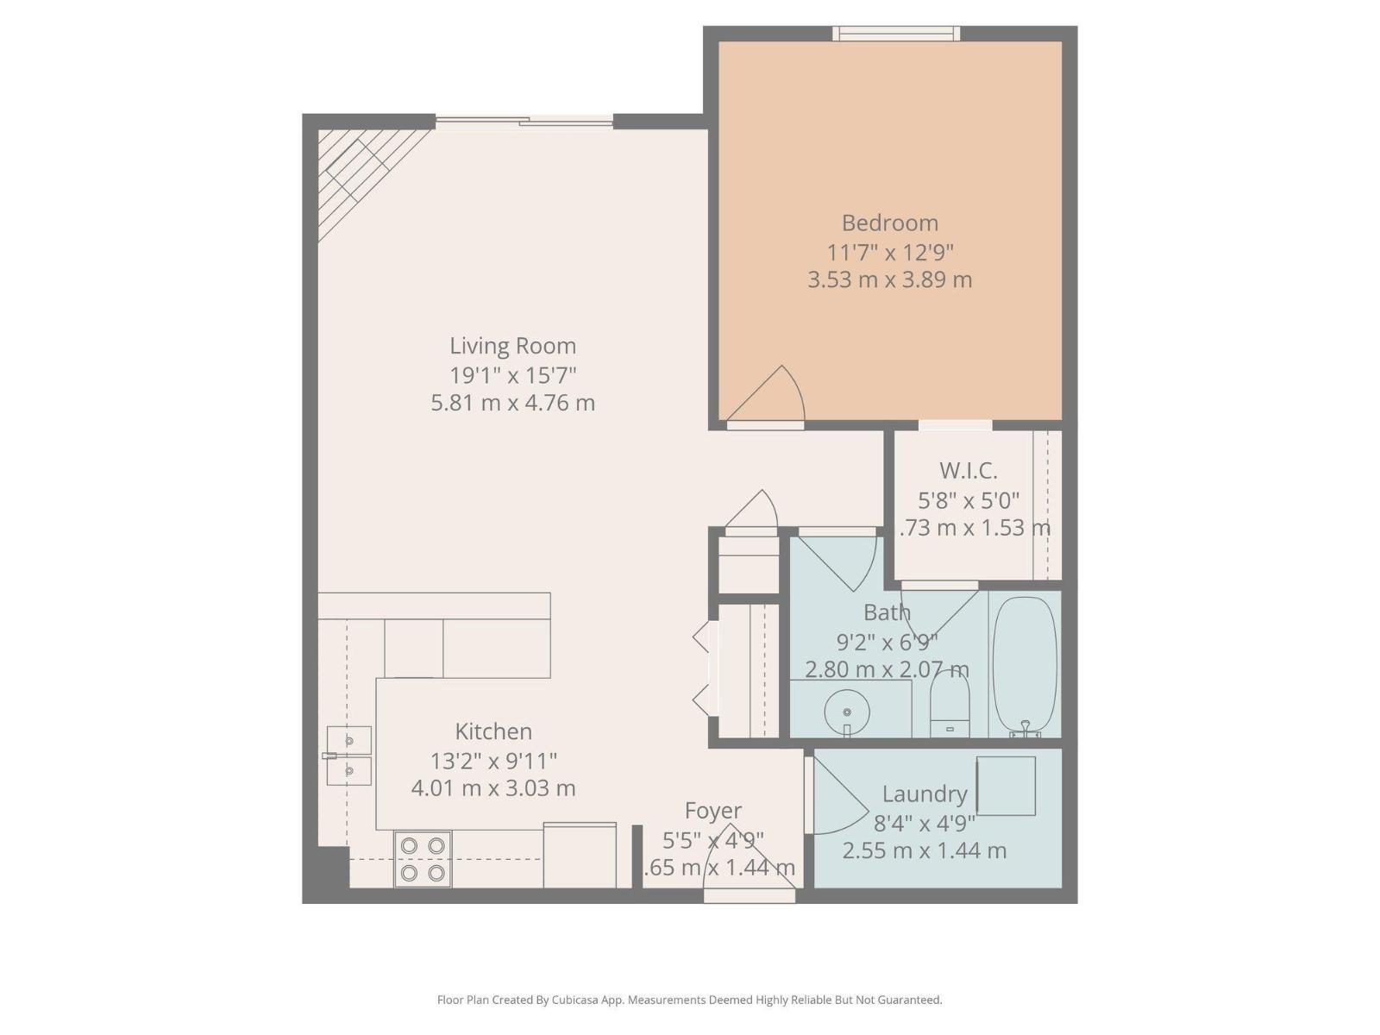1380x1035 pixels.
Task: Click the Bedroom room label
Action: click(889, 223)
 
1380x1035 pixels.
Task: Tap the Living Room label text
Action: click(512, 346)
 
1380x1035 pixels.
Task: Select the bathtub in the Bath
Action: click(1025, 662)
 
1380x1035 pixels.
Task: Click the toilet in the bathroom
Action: click(950, 704)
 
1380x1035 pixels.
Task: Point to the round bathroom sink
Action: click(847, 712)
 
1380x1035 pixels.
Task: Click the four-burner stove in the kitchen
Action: click(423, 859)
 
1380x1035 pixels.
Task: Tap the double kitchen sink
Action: click(349, 756)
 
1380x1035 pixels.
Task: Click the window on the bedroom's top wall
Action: click(896, 34)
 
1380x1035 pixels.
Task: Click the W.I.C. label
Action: click(968, 471)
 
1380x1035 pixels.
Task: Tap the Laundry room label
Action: click(924, 793)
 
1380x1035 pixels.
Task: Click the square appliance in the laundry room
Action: click(1006, 786)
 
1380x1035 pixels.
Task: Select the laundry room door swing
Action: click(837, 798)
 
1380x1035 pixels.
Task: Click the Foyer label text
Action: click(712, 811)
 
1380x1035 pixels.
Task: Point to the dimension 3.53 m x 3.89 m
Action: click(889, 280)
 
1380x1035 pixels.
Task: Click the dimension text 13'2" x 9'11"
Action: click(493, 761)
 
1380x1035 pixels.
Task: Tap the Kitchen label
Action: click(493, 731)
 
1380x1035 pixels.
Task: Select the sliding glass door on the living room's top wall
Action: click(524, 122)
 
